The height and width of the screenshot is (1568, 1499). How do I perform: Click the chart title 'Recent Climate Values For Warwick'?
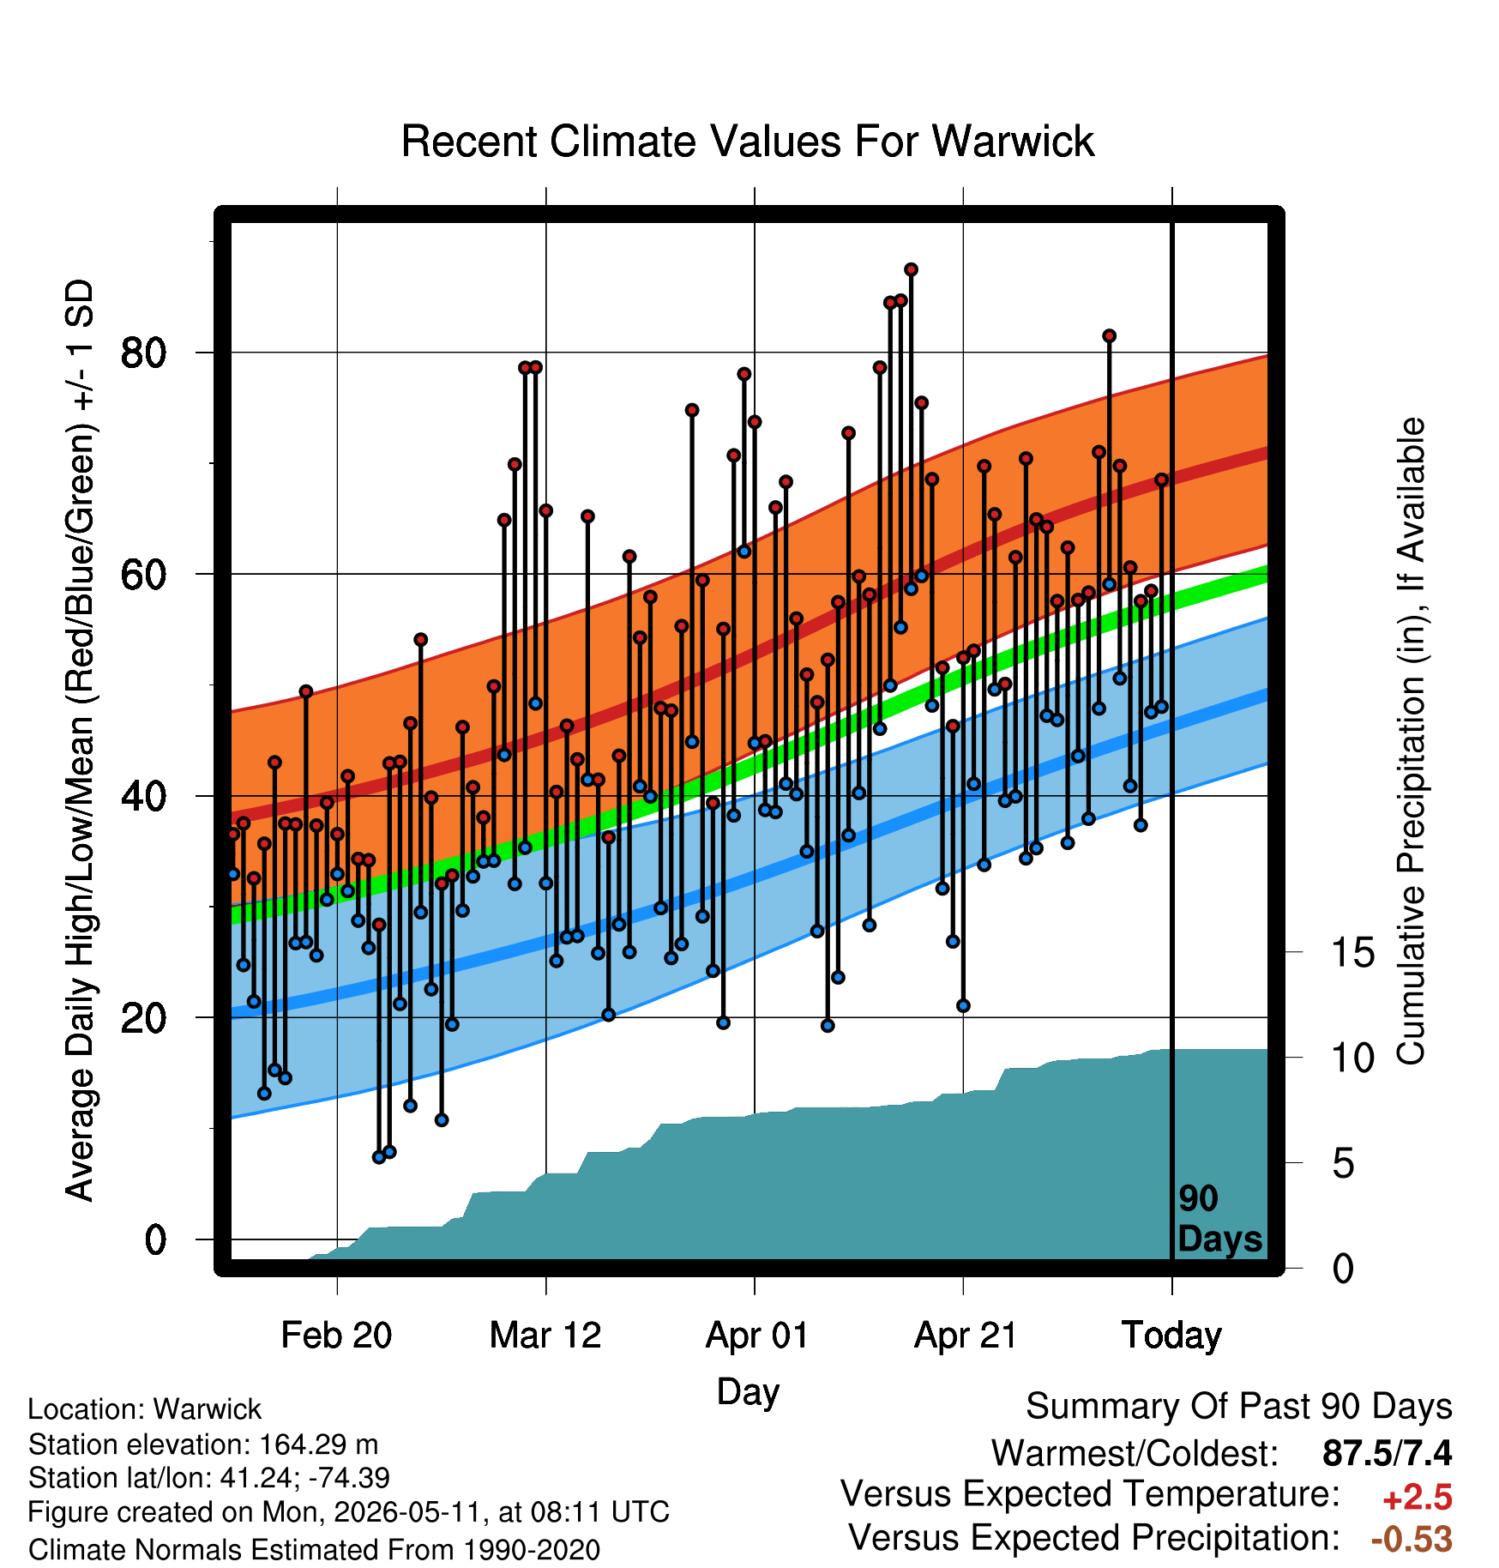748,142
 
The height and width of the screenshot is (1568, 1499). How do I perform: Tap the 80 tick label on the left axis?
143,353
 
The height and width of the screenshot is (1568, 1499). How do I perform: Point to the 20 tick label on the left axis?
143,1018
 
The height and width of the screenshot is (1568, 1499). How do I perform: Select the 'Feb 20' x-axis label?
336,1336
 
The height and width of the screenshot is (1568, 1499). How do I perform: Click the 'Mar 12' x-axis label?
545,1336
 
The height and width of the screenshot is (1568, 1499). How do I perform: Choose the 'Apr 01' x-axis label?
756,1336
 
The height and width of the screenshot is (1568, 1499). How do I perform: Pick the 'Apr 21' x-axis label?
966,1336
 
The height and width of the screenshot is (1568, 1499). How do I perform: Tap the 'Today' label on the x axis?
1172,1336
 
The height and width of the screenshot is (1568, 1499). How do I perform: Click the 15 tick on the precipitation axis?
1352,953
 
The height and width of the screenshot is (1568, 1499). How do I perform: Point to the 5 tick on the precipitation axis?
1343,1164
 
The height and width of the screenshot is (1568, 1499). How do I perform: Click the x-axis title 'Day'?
748,1393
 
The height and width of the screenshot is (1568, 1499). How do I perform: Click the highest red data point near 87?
911,269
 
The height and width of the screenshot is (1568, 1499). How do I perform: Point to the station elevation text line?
203,1445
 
